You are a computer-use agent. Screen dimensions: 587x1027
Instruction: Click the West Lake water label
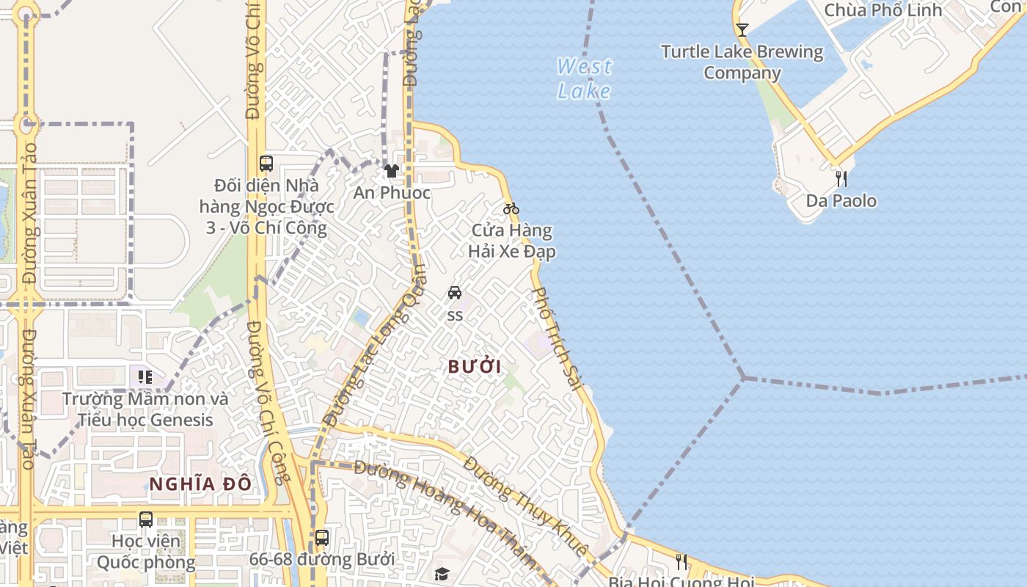[584, 79]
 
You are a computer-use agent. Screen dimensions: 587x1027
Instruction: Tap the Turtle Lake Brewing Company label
[742, 62]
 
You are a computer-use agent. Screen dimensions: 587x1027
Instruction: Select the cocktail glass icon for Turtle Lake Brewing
[742, 30]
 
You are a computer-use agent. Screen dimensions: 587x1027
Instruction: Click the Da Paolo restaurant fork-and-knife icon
[841, 178]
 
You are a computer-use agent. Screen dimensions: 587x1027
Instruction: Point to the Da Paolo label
[841, 201]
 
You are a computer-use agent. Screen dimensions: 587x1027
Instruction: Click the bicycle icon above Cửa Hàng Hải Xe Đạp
[511, 208]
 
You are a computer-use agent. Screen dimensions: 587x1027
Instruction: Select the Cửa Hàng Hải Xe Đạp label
[512, 241]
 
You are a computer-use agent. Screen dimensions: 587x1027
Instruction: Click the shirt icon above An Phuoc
[392, 171]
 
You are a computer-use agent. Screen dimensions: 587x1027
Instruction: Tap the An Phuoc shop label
[392, 193]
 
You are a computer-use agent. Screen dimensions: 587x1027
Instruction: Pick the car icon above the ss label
[455, 293]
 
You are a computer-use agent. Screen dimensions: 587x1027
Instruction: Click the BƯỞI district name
[475, 367]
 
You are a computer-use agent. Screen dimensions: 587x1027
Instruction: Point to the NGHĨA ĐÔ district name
[200, 484]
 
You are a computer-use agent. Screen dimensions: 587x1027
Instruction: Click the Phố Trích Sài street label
[557, 338]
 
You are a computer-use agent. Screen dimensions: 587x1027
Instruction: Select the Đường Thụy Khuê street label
[526, 506]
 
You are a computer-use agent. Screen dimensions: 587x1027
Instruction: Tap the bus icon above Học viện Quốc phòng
[146, 519]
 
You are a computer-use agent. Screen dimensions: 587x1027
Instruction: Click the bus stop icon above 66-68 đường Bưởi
[321, 537]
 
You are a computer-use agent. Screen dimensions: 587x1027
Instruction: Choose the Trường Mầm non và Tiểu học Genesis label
[145, 410]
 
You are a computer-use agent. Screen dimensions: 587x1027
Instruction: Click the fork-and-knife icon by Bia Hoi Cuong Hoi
[681, 562]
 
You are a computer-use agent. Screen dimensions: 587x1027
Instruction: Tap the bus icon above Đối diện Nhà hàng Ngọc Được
[266, 163]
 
